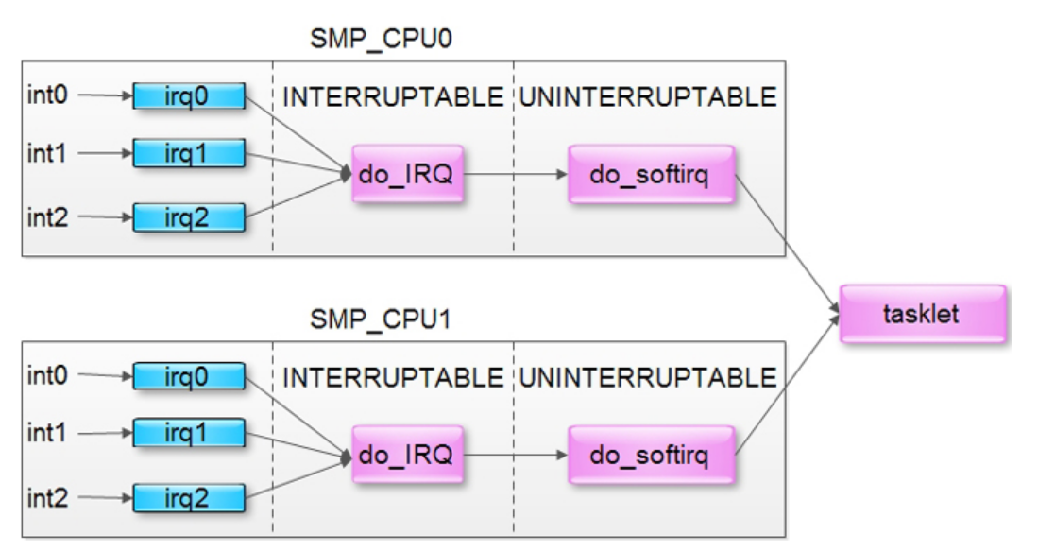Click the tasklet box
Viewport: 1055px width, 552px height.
[x=921, y=314]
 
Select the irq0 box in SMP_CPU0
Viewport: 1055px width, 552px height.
[x=187, y=95]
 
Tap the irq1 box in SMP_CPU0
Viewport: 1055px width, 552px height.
[x=187, y=153]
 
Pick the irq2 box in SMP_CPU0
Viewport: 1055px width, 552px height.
[x=187, y=217]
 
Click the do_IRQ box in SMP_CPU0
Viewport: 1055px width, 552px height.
[x=407, y=174]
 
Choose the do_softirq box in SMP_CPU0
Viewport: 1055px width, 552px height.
[x=651, y=174]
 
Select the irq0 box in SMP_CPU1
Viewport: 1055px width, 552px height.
[x=187, y=377]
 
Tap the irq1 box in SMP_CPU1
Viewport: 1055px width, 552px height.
[x=187, y=434]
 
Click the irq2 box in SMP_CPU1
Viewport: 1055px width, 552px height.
[x=187, y=498]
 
